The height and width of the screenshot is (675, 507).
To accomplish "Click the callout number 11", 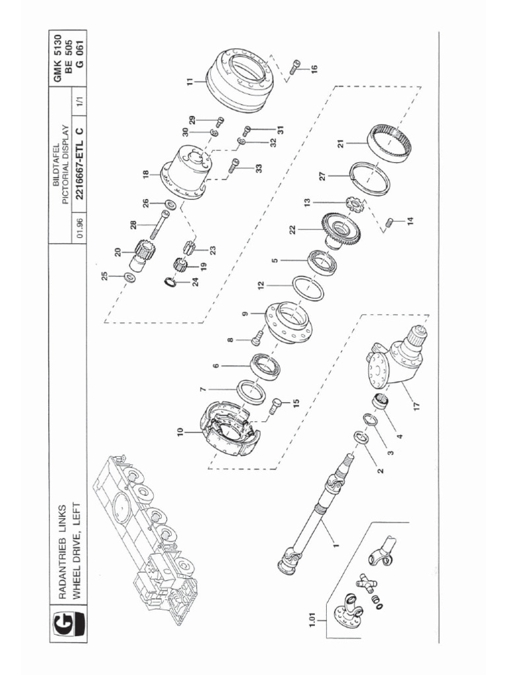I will pos(191,82).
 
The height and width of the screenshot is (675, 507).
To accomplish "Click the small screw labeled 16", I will pos(295,65).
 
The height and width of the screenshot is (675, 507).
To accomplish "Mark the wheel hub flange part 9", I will pos(287,322).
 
